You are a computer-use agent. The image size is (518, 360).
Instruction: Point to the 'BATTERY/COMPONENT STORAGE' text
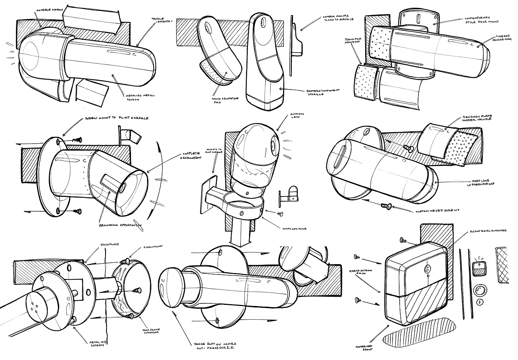tap(321, 92)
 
